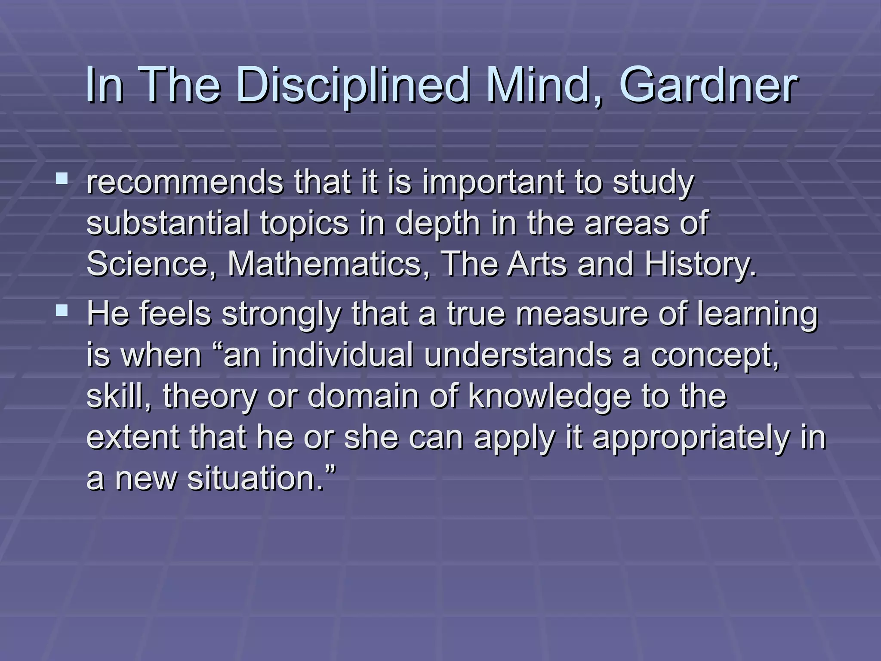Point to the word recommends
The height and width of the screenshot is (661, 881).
(x=185, y=182)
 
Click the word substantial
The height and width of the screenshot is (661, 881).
(x=168, y=223)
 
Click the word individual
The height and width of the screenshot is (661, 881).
(x=342, y=355)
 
